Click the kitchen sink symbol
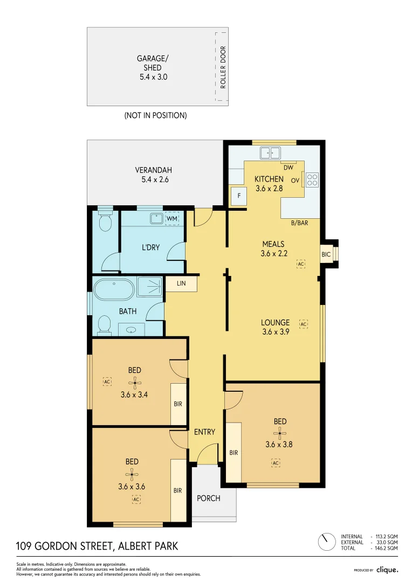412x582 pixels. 270,153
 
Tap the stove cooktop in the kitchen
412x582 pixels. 312,180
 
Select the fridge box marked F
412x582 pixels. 239,196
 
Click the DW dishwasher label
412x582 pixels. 289,168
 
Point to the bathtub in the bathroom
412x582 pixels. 114,289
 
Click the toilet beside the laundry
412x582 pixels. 106,221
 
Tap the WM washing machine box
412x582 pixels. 171,219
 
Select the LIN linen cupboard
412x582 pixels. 181,283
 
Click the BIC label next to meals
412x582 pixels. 326,254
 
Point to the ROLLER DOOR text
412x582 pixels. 223,67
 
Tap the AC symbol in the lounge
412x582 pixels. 304,324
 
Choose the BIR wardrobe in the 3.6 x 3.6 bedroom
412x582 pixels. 178,490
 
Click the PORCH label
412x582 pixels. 208,498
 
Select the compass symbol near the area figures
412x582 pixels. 327,542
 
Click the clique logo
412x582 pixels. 387,570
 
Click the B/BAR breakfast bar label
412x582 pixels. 299,223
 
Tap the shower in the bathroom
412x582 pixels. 149,287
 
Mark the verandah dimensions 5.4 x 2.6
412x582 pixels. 155,179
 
